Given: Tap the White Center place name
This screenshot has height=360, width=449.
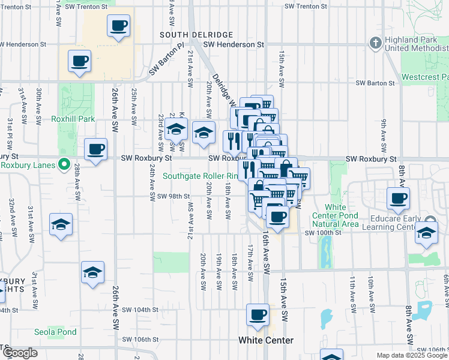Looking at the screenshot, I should [266, 340].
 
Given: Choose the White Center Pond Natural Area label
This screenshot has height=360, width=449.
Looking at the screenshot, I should [335, 220].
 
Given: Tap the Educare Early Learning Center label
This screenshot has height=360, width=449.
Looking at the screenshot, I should [414, 223].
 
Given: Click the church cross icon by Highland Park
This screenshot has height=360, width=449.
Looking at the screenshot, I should [375, 43].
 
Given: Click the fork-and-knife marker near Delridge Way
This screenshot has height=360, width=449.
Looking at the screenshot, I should [232, 140].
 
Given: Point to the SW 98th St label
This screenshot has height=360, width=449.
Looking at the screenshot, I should [173, 196].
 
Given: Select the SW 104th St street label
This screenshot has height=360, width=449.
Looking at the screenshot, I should [140, 310].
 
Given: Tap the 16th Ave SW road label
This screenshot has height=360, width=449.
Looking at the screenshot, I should [265, 252].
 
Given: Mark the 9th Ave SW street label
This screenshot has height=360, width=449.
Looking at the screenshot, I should [382, 136].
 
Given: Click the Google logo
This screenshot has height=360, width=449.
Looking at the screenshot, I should [20, 353].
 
